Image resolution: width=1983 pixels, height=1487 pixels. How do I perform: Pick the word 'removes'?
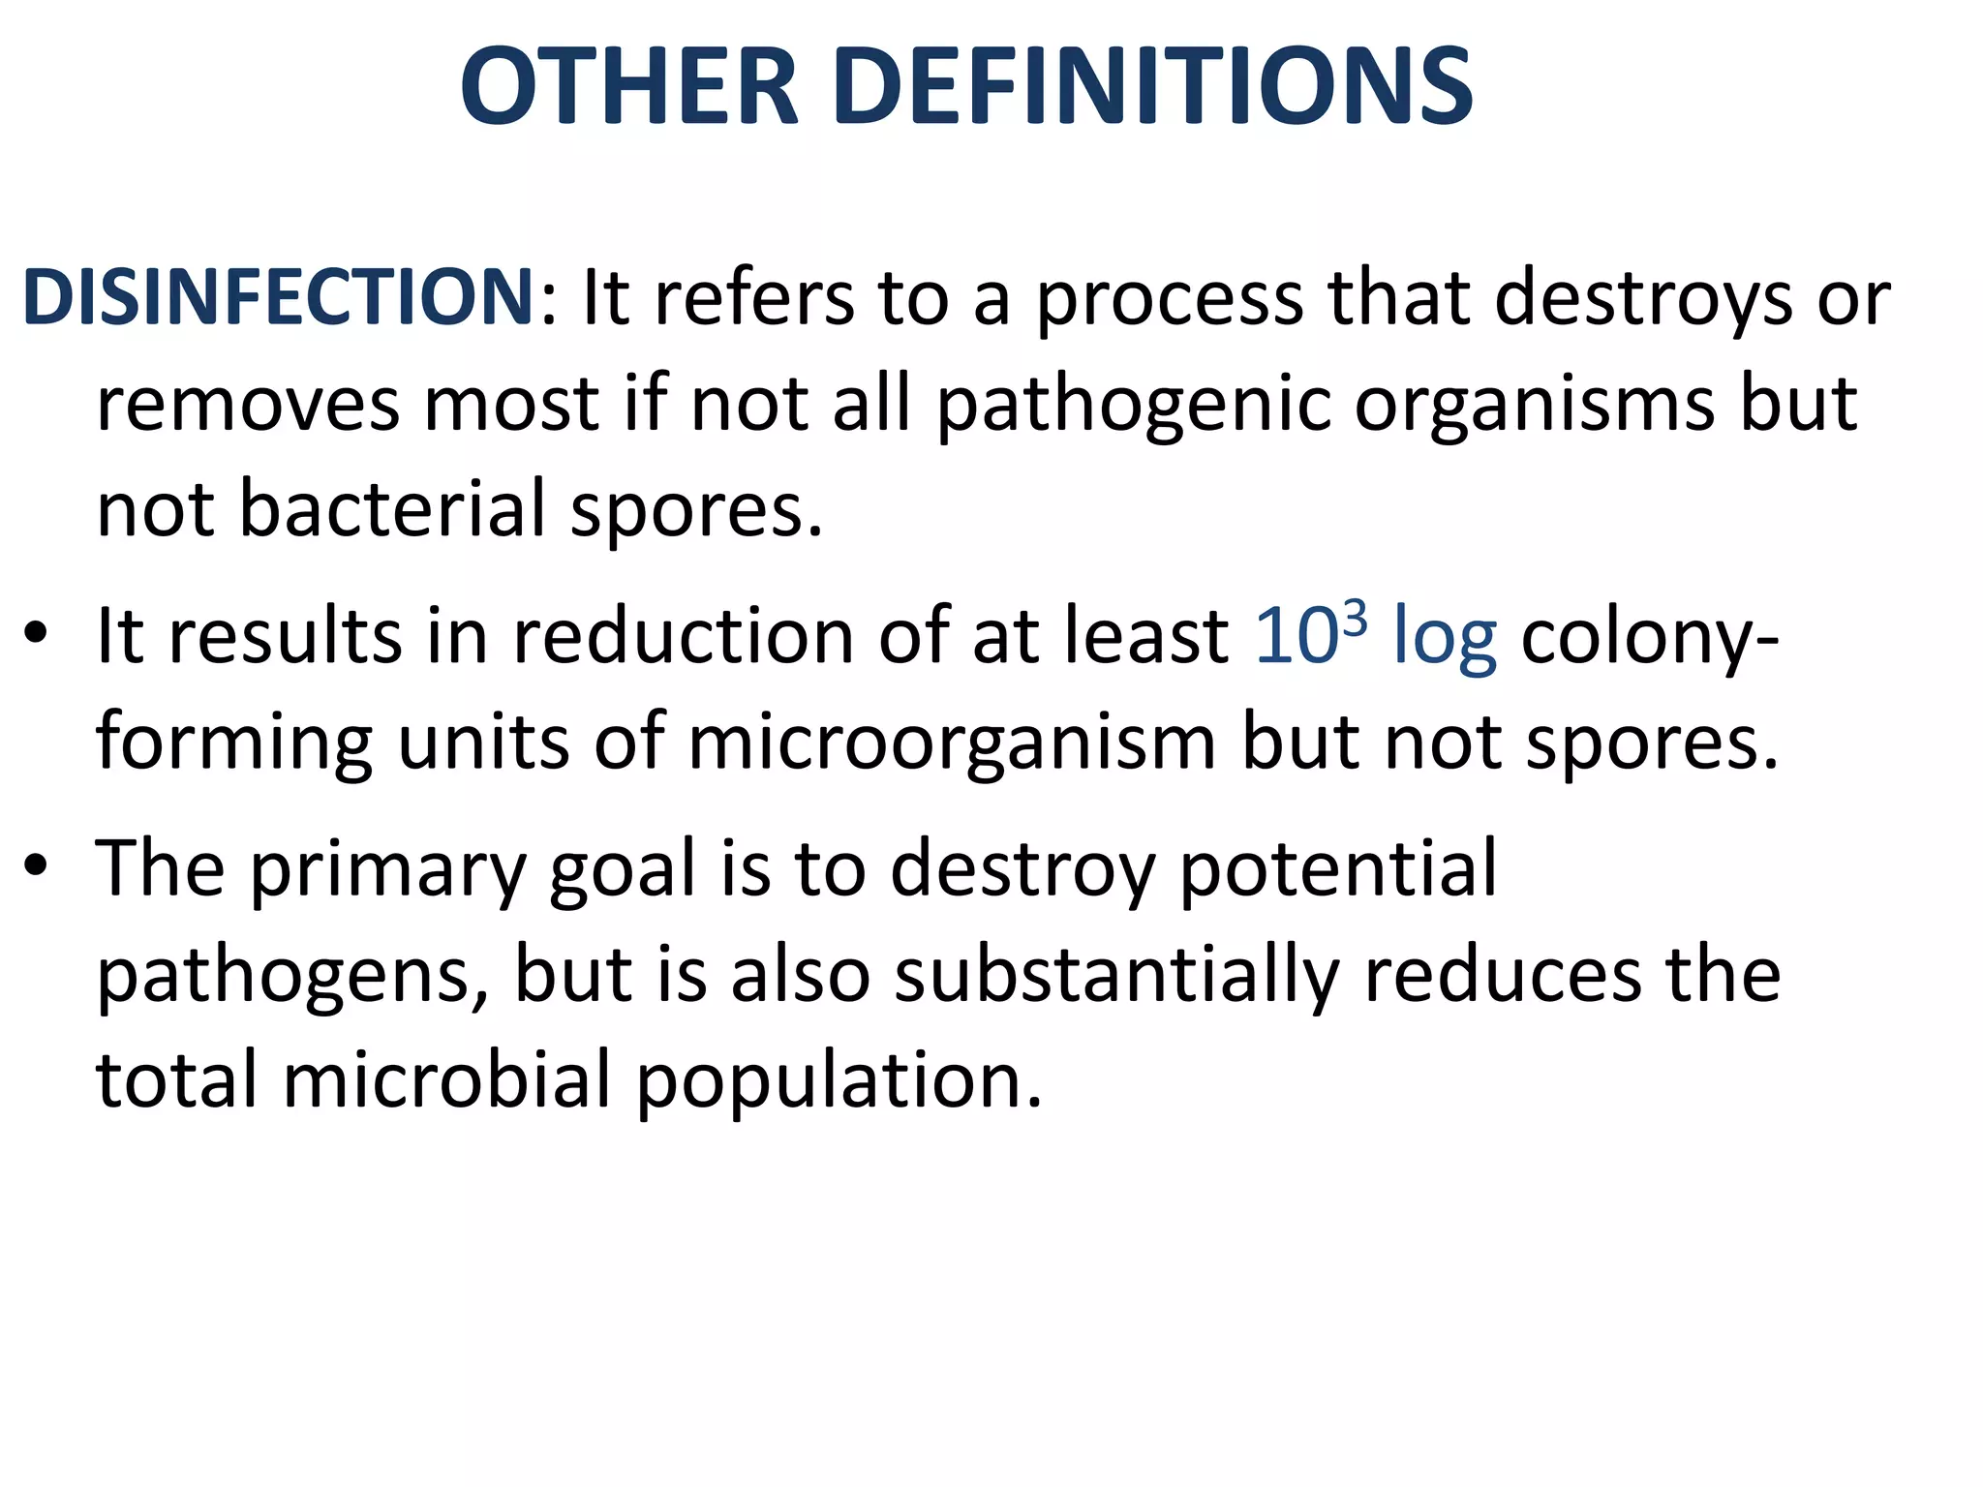pos(248,405)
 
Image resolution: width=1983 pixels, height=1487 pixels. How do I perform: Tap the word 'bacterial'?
pos(392,509)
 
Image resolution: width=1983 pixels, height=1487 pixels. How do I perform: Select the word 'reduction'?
pos(684,637)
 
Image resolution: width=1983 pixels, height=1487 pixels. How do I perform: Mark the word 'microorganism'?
pos(952,743)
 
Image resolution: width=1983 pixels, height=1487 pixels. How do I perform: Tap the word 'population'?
pos(839,1082)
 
